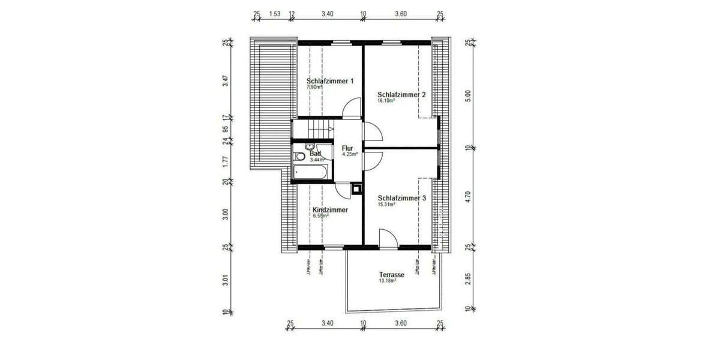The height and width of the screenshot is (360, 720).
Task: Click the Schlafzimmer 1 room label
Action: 330,81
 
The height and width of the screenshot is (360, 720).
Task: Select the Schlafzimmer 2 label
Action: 401,94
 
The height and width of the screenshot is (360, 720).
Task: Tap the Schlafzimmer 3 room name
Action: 401,198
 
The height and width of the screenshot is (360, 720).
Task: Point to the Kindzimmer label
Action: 330,210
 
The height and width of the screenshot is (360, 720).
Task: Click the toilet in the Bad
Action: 299,157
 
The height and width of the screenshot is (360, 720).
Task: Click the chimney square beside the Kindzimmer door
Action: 357,188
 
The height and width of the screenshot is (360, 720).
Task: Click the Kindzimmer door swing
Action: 343,190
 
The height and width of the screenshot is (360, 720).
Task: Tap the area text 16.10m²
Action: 386,101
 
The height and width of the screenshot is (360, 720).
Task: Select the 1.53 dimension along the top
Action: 275,13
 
